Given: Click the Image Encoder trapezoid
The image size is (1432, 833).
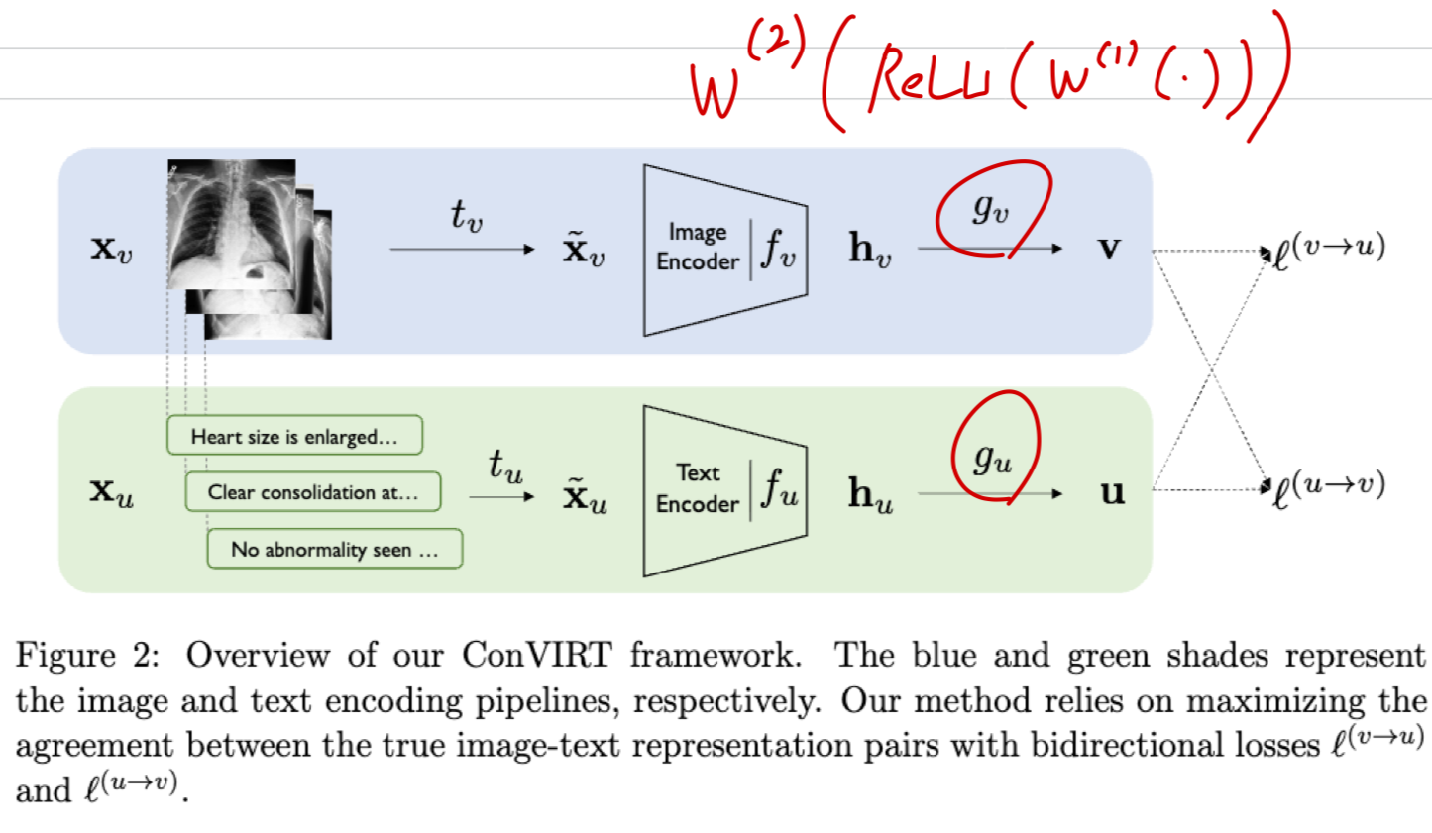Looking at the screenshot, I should [x=724, y=249].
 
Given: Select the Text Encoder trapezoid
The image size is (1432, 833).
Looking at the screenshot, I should [x=724, y=490].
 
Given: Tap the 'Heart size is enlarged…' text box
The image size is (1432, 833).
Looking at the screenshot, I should [x=294, y=436].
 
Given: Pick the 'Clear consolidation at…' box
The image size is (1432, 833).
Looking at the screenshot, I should [x=312, y=492].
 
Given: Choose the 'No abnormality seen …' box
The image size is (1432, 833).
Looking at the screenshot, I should [x=334, y=549].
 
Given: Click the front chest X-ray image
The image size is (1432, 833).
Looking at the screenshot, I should [x=232, y=224].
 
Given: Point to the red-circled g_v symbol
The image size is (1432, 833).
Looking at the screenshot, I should [x=990, y=208].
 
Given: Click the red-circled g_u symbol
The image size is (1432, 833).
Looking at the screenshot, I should [x=992, y=457].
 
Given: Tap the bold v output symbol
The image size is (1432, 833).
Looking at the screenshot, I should [x=1110, y=248].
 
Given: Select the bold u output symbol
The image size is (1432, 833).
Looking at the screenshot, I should [x=1112, y=491].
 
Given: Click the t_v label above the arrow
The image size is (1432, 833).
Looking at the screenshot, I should [x=466, y=214].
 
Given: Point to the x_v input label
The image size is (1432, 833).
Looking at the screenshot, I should [x=111, y=248].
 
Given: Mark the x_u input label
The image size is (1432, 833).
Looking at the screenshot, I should [x=111, y=491].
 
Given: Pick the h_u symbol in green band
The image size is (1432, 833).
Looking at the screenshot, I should [x=870, y=493].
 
